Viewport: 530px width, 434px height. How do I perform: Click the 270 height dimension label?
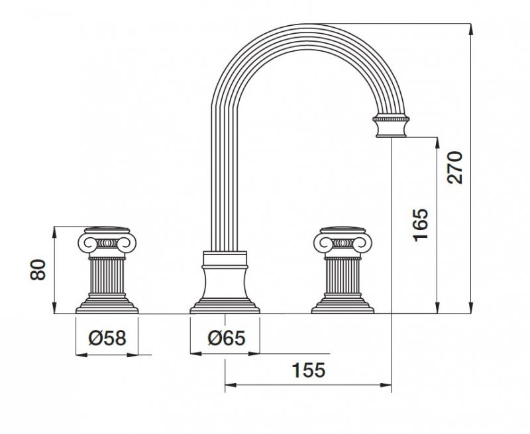454,168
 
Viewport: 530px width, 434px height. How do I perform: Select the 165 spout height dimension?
421,225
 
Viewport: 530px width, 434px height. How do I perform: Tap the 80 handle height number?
38,270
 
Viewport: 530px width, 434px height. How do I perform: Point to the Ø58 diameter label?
107,338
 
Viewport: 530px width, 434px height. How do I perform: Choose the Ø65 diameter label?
227,338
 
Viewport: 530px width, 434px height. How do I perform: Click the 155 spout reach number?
308,370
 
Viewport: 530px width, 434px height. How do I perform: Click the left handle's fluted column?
107,276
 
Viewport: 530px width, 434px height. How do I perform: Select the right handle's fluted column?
343,276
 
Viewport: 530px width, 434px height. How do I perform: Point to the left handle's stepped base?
107,303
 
